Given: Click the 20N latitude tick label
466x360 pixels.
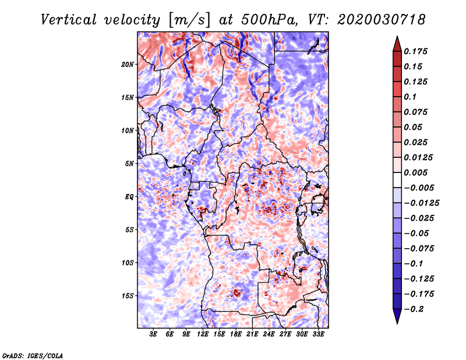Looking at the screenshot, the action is tap(128, 65).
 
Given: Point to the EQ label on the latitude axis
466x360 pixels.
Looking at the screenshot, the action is tap(129, 197).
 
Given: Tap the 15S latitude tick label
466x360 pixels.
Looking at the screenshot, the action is tap(128, 296).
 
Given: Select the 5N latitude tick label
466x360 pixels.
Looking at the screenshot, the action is tap(129, 164).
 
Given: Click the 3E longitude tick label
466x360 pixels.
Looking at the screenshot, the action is tap(153, 334).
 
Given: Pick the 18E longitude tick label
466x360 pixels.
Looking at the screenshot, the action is tap(236, 334).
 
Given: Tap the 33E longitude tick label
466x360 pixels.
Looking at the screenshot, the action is tap(318, 334).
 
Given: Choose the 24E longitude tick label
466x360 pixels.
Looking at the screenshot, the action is tap(269, 334).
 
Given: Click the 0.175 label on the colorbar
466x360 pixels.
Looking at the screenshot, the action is tap(415, 51).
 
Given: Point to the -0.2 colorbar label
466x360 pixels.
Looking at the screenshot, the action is tap(414, 309).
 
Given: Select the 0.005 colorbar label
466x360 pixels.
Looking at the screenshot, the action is tap(415, 172).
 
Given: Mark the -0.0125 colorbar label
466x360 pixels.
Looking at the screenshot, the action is tap(421, 203).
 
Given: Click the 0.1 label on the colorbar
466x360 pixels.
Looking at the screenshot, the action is tap(410, 97).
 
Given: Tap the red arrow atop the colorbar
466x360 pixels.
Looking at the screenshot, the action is tap(397, 44).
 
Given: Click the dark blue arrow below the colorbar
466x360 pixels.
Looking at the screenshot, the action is tap(397, 316).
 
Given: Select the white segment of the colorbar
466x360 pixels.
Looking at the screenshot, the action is tap(397, 180).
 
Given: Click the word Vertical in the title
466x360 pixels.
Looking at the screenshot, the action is tap(69, 20).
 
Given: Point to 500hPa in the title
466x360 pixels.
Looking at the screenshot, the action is tap(269, 20).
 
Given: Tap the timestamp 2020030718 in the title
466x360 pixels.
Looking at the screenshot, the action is tap(382, 20).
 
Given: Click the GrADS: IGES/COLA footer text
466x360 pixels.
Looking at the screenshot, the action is tap(33, 356).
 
